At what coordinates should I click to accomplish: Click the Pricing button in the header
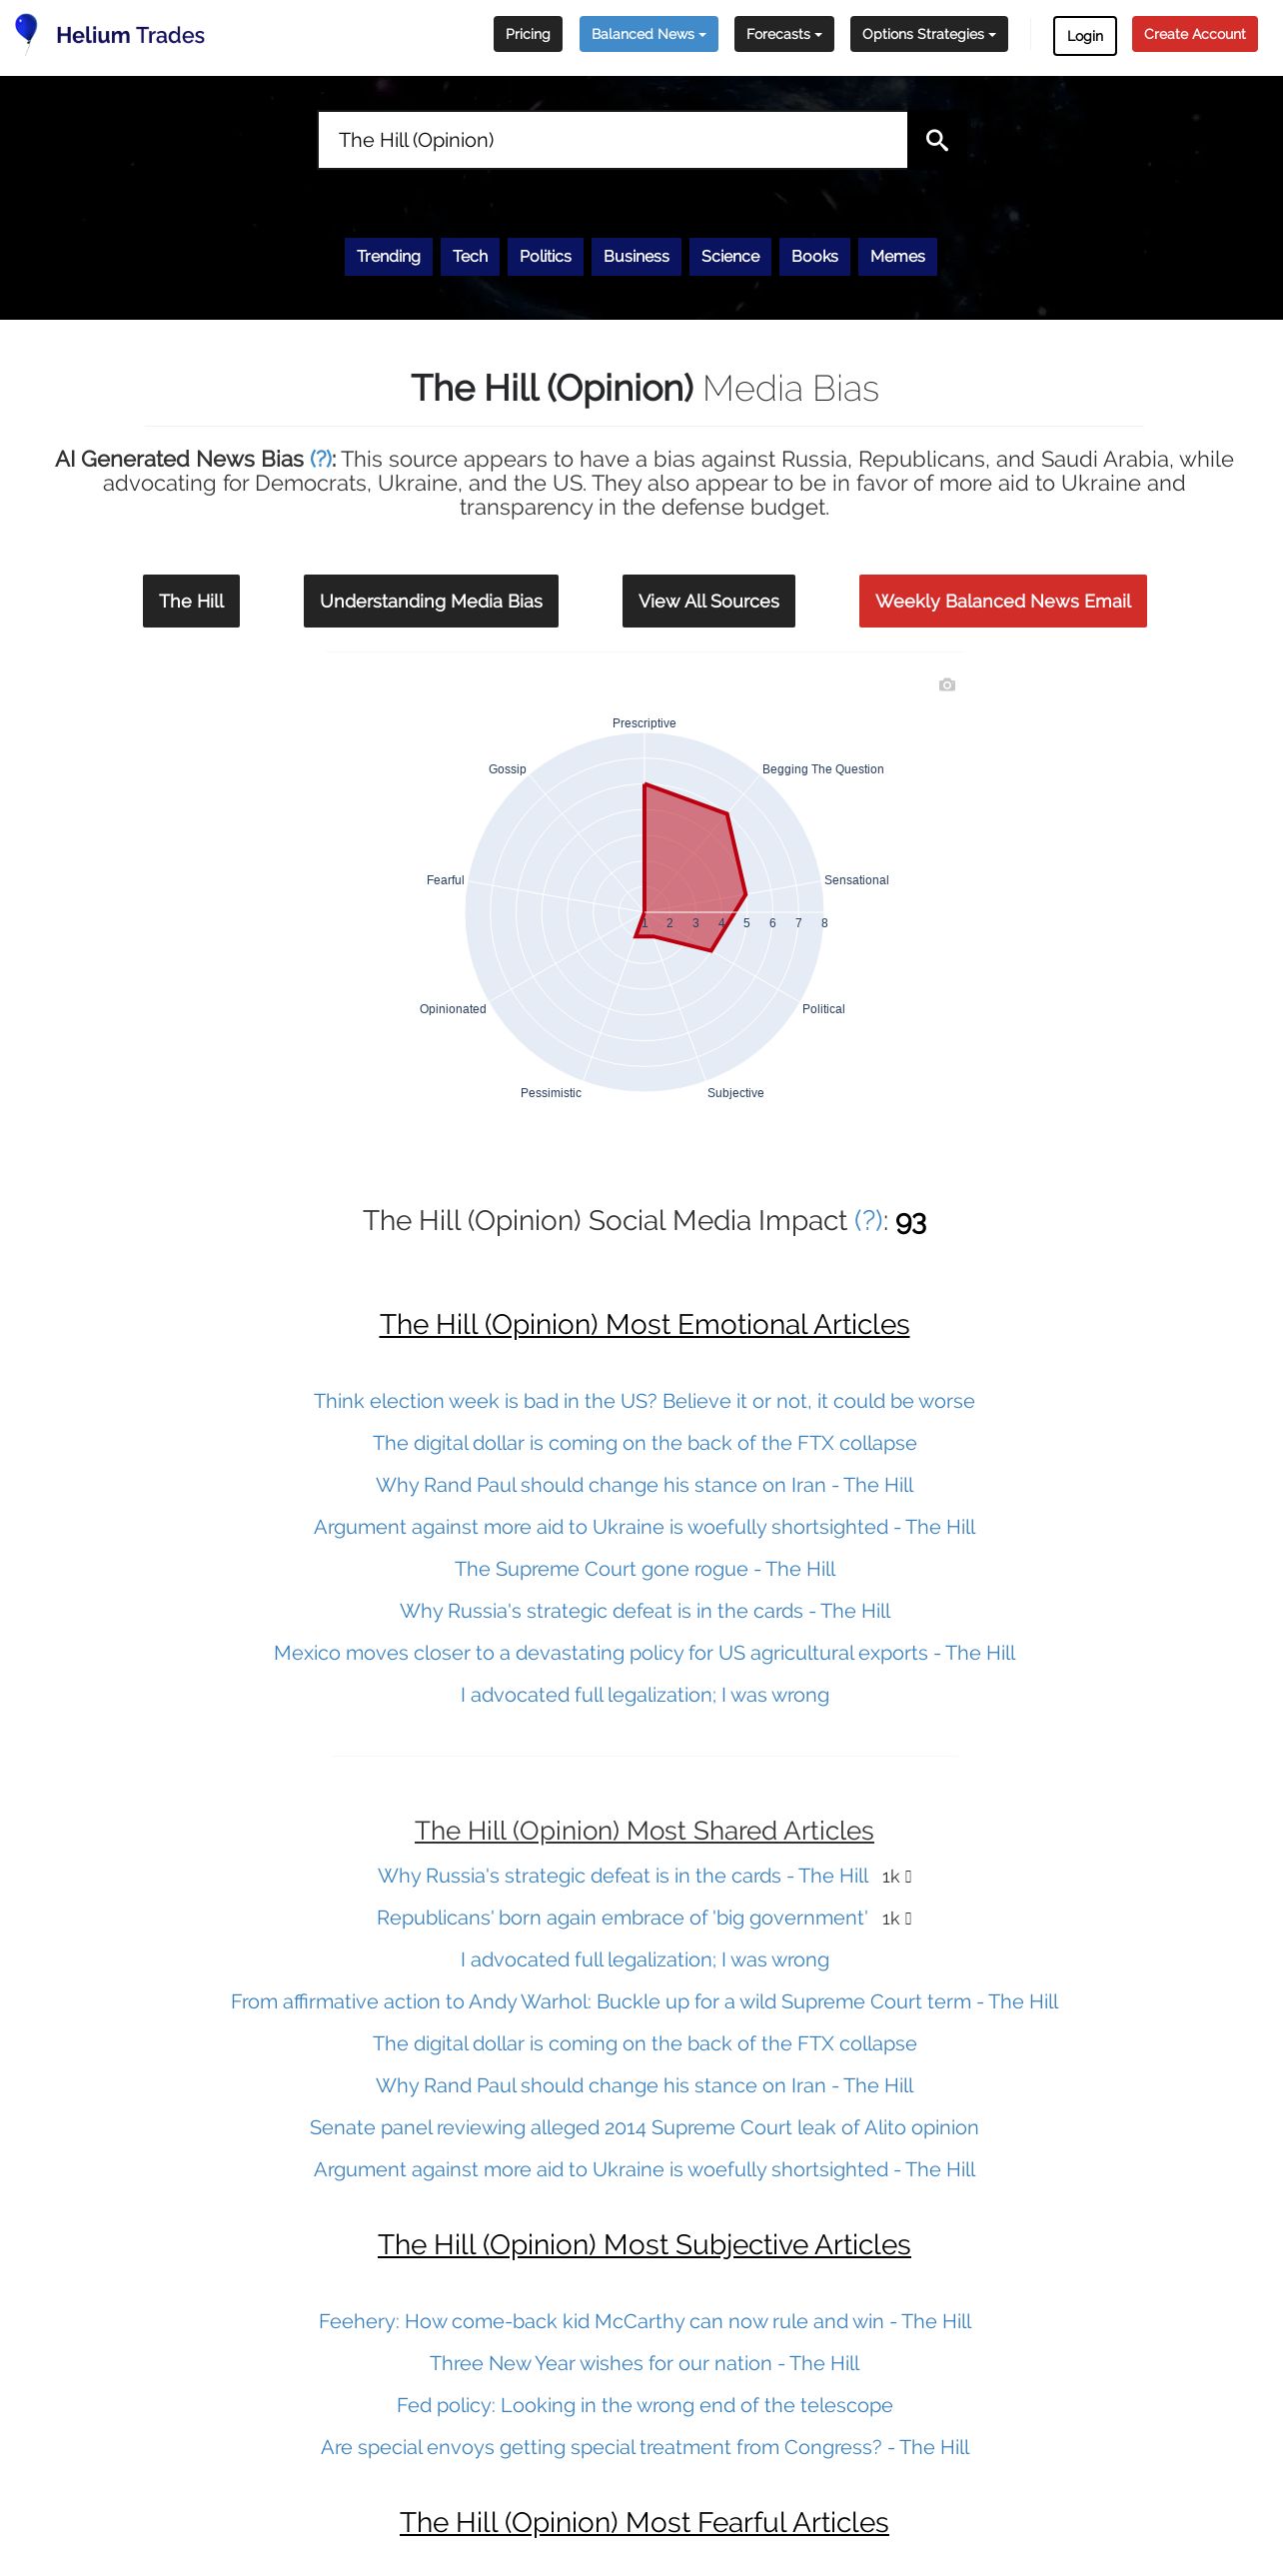tap(528, 34)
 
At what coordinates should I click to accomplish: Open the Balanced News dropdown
tap(648, 34)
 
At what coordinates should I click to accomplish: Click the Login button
tap(1084, 36)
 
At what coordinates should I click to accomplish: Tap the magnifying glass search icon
tap(936, 140)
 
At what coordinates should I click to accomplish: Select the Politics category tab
tap(545, 256)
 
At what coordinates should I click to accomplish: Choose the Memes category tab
tap(897, 256)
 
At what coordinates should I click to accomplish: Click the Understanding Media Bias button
tap(431, 601)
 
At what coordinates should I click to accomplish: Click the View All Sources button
tap(708, 601)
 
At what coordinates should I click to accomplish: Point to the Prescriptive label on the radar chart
tap(643, 723)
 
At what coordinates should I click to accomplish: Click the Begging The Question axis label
tap(822, 769)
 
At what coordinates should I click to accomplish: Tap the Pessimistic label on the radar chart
tap(551, 1093)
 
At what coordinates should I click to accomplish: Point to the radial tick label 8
tap(824, 923)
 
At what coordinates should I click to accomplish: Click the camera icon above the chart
tap(947, 684)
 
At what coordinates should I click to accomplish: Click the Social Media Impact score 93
tap(910, 1222)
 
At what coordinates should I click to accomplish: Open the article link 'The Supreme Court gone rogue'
tap(644, 1569)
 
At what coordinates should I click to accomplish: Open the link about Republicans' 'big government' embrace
tap(622, 1918)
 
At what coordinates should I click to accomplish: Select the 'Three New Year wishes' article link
tap(644, 2363)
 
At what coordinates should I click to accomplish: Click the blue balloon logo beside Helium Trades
tap(27, 31)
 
